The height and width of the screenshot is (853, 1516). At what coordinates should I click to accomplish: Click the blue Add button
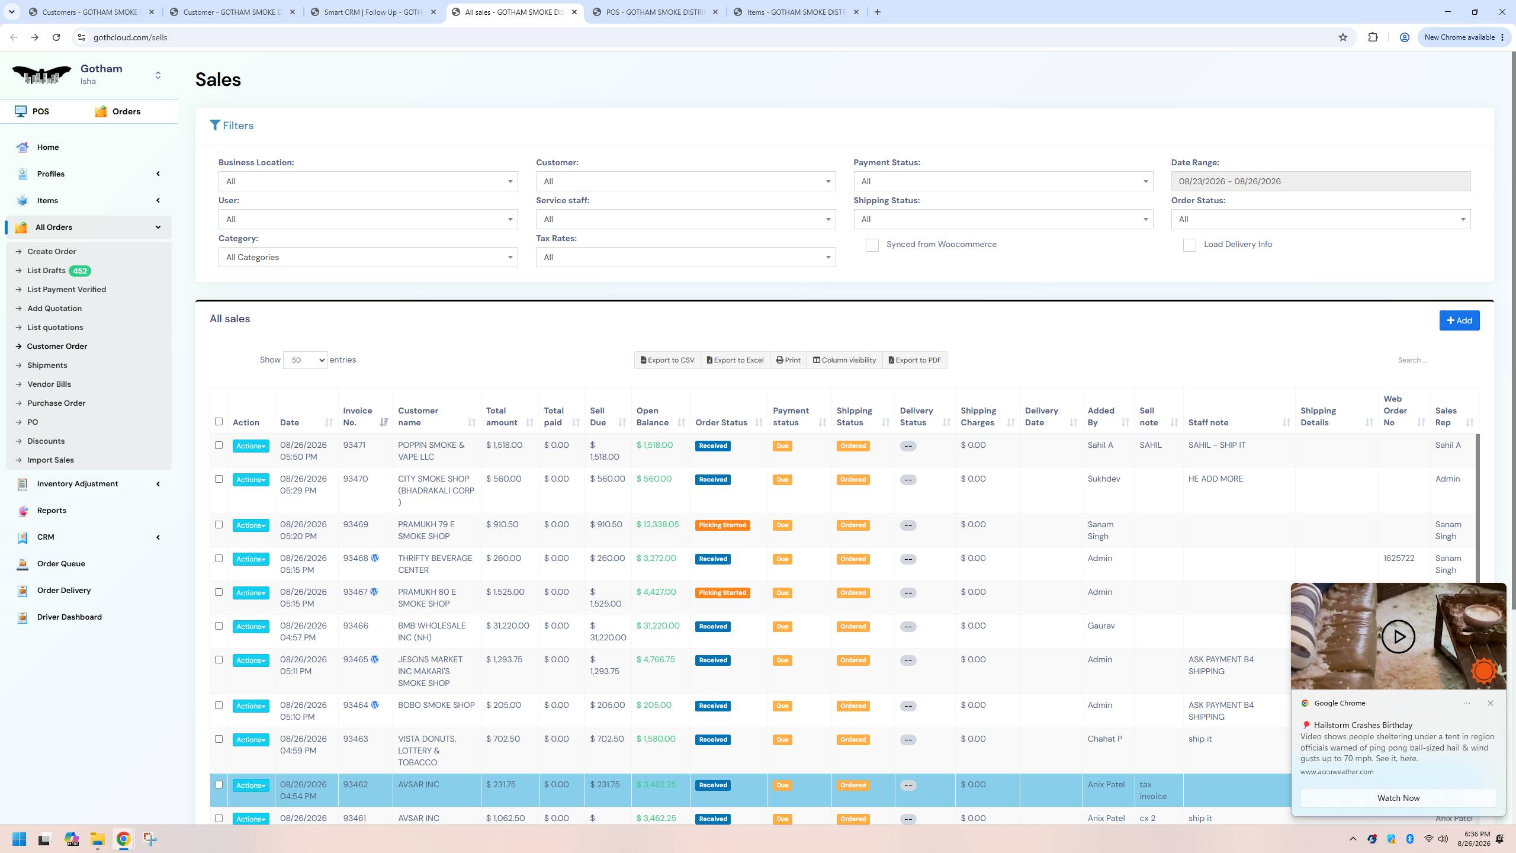pyautogui.click(x=1459, y=320)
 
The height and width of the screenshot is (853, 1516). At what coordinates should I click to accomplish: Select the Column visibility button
pyautogui.click(x=844, y=360)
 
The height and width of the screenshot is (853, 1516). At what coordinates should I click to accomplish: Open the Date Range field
pyautogui.click(x=1321, y=181)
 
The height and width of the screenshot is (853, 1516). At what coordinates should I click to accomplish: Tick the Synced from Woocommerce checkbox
pyautogui.click(x=872, y=245)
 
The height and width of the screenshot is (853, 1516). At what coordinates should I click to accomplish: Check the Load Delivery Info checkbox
pyautogui.click(x=1189, y=245)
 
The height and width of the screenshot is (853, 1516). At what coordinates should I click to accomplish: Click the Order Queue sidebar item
pyautogui.click(x=60, y=563)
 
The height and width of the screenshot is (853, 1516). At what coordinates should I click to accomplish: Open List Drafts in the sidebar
pyautogui.click(x=46, y=271)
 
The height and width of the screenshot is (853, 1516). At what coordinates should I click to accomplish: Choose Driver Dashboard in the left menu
pyautogui.click(x=69, y=617)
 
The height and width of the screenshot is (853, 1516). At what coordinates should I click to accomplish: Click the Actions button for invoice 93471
pyautogui.click(x=251, y=446)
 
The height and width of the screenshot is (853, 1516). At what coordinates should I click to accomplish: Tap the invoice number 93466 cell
pyautogui.click(x=355, y=626)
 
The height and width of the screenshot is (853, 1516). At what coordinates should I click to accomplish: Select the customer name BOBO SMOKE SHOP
pyautogui.click(x=436, y=705)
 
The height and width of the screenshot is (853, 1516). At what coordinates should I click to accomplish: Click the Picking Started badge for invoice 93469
pyautogui.click(x=722, y=525)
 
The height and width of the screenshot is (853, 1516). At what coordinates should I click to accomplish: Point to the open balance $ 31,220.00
pyautogui.click(x=658, y=626)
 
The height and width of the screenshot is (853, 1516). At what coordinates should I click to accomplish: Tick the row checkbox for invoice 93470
pyautogui.click(x=219, y=479)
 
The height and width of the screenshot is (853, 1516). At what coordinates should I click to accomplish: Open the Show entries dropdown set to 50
pyautogui.click(x=305, y=360)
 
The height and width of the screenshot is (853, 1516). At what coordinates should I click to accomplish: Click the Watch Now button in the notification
pyautogui.click(x=1398, y=798)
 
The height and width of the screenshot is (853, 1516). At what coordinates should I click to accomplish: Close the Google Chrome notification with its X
pyautogui.click(x=1491, y=703)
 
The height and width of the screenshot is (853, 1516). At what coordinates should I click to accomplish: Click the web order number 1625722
pyautogui.click(x=1399, y=558)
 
